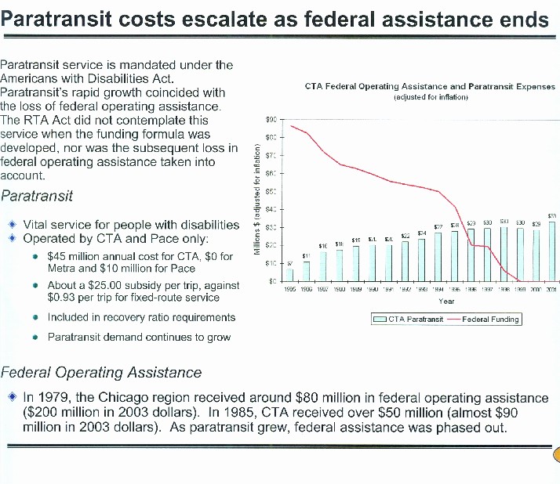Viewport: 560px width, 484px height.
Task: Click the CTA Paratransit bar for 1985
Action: (289, 274)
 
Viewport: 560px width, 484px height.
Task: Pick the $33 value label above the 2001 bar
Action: (552, 215)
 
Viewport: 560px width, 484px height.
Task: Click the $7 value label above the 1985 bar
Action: (289, 263)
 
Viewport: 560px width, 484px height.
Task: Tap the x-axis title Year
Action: (446, 300)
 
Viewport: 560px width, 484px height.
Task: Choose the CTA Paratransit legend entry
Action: (408, 319)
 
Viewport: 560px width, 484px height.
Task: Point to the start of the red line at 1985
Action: (290, 125)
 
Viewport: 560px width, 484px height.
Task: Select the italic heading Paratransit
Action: (37, 195)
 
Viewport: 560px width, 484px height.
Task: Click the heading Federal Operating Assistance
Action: (102, 372)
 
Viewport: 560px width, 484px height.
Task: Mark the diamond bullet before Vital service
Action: (13, 224)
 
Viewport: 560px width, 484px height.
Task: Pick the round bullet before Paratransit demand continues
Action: (37, 337)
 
